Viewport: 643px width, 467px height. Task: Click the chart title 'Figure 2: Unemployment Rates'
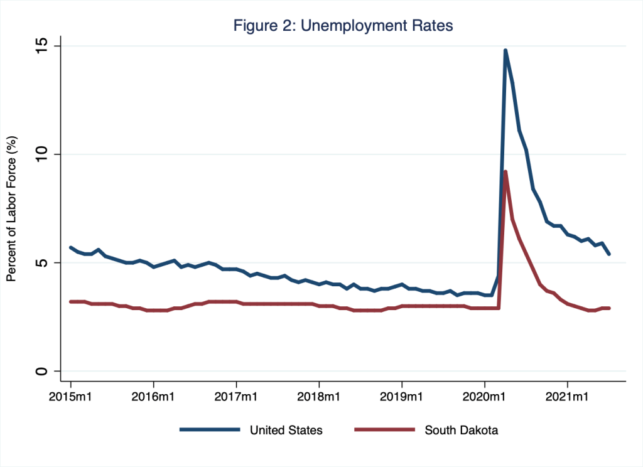point(343,26)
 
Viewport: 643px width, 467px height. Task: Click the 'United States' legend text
point(286,430)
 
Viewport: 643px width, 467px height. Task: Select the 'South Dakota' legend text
point(461,430)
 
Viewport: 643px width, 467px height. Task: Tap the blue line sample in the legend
point(210,430)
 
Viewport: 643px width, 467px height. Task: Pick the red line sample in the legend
point(384,430)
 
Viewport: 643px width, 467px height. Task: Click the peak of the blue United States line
point(505,51)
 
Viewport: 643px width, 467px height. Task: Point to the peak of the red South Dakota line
point(505,172)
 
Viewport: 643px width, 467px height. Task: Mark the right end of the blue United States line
point(609,254)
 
